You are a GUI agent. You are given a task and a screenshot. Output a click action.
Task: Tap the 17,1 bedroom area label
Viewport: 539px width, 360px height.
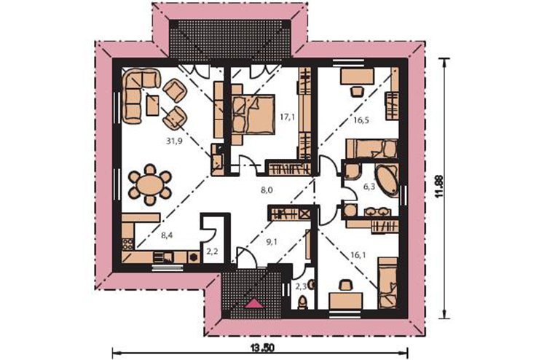(x=287, y=117)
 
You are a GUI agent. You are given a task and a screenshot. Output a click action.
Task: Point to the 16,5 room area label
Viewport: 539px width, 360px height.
(x=361, y=120)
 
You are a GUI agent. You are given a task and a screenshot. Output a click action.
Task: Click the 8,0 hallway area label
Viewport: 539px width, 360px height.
(x=267, y=190)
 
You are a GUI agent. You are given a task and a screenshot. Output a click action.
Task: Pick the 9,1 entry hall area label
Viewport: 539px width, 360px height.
(x=272, y=242)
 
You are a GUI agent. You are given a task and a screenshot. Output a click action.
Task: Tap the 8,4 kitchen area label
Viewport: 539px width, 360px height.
(x=167, y=235)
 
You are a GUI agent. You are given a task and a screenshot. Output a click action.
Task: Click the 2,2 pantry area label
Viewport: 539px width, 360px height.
(x=212, y=251)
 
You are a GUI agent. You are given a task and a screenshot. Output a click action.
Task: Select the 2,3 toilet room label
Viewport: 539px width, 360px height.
(x=301, y=286)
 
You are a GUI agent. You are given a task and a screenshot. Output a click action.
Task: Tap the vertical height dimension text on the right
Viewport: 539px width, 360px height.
(x=438, y=187)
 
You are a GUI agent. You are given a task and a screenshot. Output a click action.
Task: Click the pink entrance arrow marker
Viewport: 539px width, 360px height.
(x=253, y=303)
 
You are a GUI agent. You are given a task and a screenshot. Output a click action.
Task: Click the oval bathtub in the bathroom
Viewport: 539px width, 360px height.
(x=387, y=181)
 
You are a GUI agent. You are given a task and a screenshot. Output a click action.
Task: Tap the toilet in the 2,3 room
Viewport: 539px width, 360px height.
(x=302, y=302)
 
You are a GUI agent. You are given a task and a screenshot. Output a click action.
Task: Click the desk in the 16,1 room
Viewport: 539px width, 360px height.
(x=345, y=300)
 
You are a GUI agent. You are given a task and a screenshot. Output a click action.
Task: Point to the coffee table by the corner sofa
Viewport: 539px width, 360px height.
(x=153, y=105)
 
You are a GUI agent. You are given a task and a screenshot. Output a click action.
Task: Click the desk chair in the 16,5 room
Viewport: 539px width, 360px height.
(x=356, y=91)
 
